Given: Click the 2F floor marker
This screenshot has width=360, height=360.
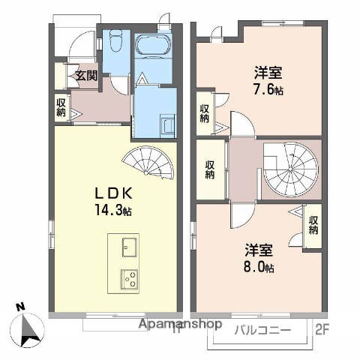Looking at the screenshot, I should (322, 328).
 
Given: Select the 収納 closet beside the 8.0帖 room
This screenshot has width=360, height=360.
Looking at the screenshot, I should (313, 225).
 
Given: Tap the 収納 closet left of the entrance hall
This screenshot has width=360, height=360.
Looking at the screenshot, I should (61, 106).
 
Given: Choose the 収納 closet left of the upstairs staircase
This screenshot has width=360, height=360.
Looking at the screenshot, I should (211, 170).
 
